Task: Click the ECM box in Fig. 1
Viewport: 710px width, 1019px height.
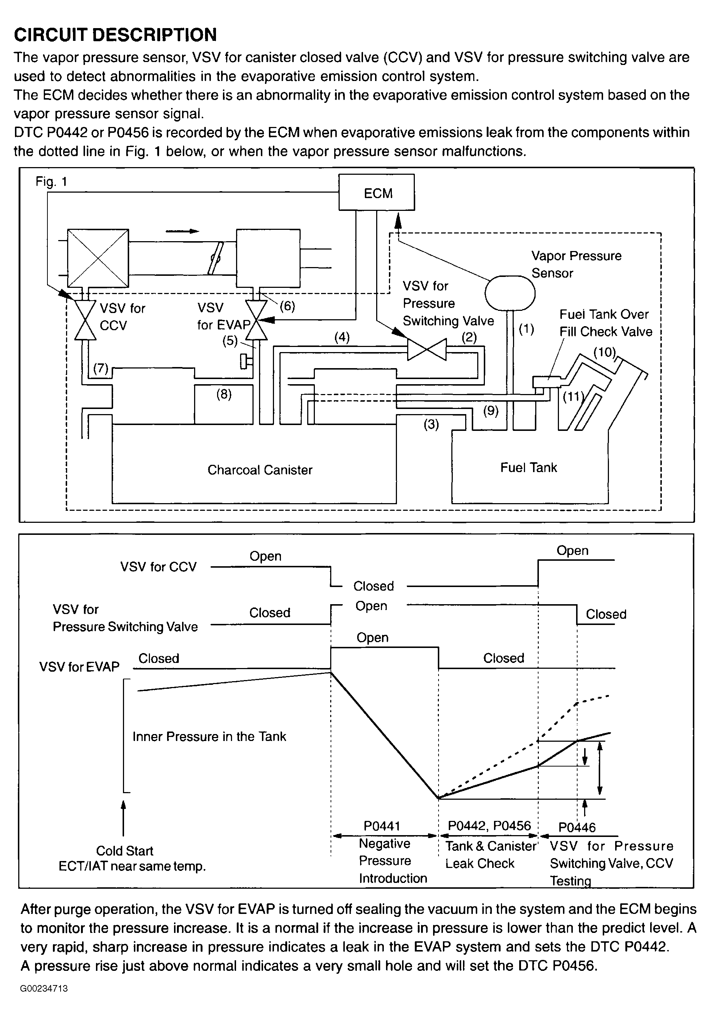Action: pos(376,192)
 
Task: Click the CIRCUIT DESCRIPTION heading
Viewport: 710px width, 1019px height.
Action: pos(115,35)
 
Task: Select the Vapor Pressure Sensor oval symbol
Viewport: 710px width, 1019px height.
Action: pos(510,293)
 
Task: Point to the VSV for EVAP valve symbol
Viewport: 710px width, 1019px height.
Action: pos(256,320)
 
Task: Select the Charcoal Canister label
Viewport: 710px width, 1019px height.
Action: pos(260,470)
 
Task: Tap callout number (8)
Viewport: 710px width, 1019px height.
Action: pos(224,394)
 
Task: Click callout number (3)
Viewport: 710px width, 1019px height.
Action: pos(431,424)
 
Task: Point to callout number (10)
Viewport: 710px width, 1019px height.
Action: pos(605,352)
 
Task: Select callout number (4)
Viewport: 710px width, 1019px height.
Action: pos(342,337)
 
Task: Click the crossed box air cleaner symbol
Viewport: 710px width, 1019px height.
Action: pos(98,258)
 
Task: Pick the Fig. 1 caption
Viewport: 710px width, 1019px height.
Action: pos(51,182)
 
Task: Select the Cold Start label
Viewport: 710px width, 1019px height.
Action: pos(125,851)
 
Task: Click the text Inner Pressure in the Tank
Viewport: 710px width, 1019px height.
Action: pos(209,736)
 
